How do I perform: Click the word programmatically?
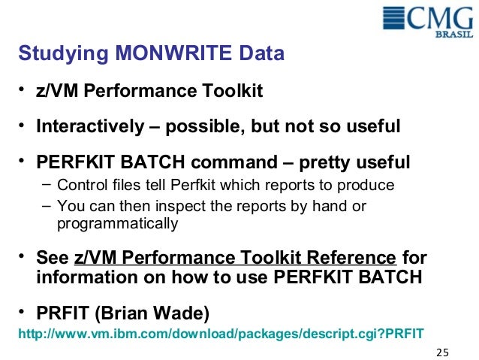[x=117, y=223]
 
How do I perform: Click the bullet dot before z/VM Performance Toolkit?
[x=23, y=91]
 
